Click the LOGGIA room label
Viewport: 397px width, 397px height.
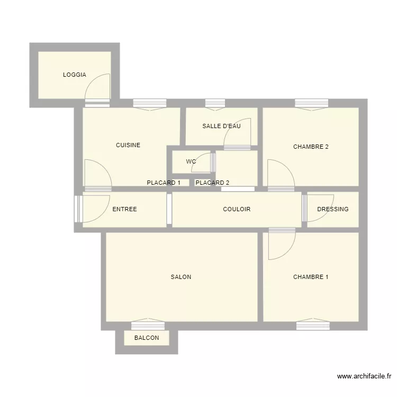(x=74, y=75)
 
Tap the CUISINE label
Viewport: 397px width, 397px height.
(x=128, y=145)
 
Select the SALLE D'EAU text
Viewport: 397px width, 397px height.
(x=221, y=126)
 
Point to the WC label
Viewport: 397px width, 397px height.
(x=191, y=161)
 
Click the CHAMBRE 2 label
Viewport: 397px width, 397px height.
(x=311, y=147)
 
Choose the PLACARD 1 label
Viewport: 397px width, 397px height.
(x=164, y=183)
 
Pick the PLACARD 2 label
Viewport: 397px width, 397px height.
(x=212, y=183)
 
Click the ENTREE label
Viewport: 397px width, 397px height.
(x=124, y=209)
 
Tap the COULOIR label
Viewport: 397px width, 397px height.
(x=237, y=209)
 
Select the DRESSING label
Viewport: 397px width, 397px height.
(x=332, y=209)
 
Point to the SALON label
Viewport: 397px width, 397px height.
(x=181, y=277)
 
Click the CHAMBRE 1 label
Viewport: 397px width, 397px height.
(x=311, y=277)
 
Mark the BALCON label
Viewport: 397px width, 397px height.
(x=147, y=338)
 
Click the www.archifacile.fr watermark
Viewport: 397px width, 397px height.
(x=364, y=377)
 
